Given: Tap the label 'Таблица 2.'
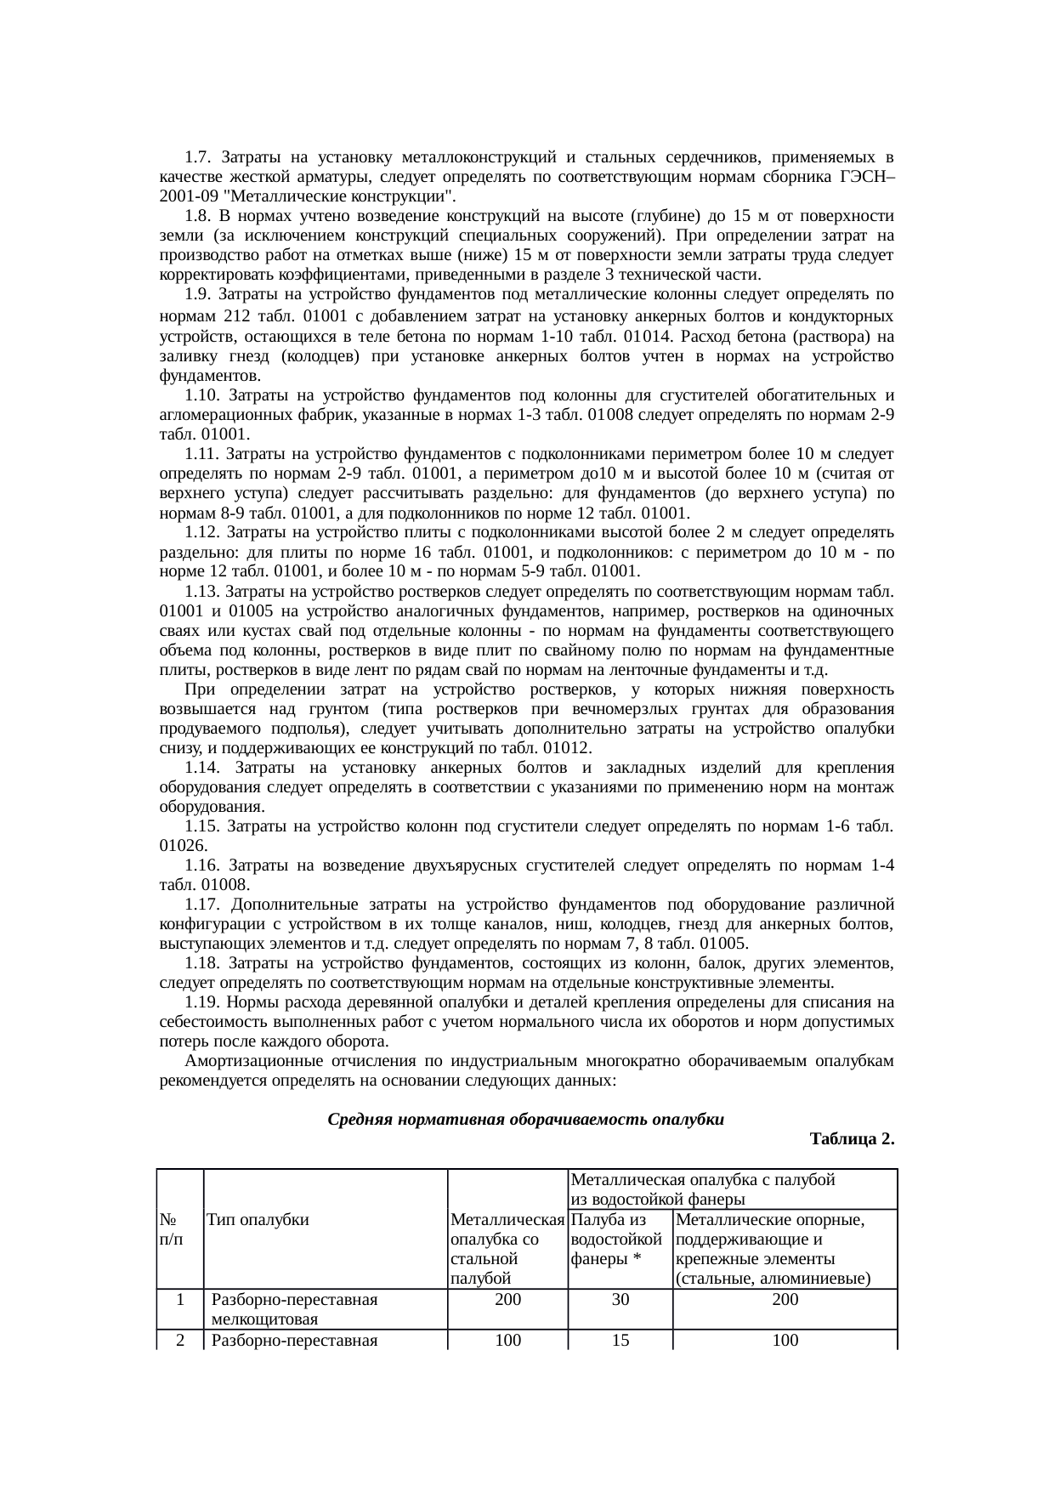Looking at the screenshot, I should [852, 1139].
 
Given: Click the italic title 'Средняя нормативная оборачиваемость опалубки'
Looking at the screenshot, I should [525, 1120].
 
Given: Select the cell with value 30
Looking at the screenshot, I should [620, 1300].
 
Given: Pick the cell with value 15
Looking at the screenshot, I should [620, 1340].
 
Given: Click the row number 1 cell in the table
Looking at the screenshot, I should [180, 1300].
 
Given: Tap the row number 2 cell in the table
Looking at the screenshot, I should [180, 1340].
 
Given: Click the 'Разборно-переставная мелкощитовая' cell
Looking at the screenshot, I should [294, 1309].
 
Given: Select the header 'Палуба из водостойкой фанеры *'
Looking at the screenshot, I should [617, 1239].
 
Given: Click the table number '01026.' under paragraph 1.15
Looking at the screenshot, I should [184, 846].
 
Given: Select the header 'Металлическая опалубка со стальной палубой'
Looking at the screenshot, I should [507, 1248].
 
